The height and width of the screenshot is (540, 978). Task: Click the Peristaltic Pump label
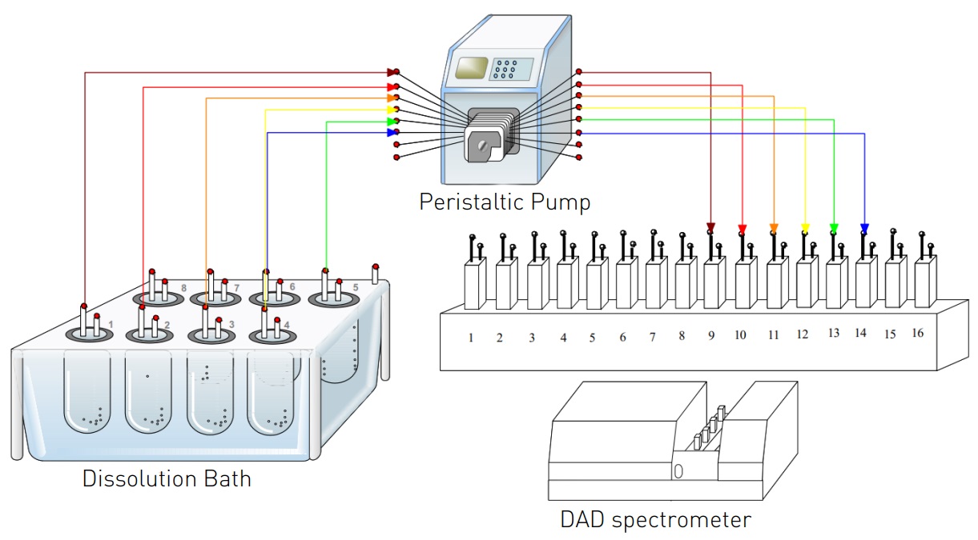(x=505, y=202)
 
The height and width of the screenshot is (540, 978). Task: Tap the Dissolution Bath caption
(x=167, y=479)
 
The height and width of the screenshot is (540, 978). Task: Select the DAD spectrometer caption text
(x=655, y=520)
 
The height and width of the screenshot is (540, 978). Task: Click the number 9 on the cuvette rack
(x=711, y=336)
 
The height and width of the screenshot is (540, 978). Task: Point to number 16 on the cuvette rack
(x=918, y=333)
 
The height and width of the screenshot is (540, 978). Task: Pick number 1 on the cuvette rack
(x=471, y=338)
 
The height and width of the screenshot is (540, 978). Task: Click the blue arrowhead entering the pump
(x=392, y=133)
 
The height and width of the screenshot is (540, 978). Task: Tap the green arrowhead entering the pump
(x=392, y=122)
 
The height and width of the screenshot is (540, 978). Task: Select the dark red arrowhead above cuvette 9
(x=710, y=227)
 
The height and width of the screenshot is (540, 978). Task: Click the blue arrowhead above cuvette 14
(x=864, y=227)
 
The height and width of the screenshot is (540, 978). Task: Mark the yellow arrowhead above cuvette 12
(x=805, y=227)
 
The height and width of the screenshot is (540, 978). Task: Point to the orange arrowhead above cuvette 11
(x=774, y=227)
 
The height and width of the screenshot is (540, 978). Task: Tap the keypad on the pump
(x=505, y=70)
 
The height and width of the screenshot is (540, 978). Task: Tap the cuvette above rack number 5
(x=594, y=284)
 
